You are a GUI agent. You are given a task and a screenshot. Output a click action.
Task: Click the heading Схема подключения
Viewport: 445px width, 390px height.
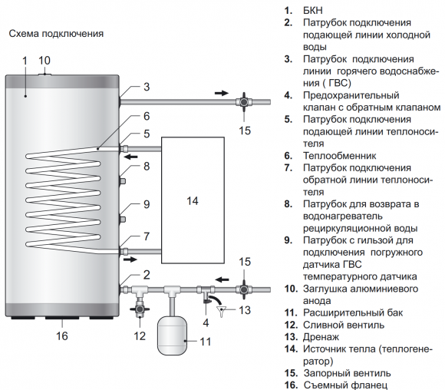coord(54,35)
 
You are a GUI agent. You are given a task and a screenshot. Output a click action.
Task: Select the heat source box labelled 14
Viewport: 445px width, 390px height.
coord(192,200)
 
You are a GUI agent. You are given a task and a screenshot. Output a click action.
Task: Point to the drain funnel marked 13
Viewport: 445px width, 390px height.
coord(223,311)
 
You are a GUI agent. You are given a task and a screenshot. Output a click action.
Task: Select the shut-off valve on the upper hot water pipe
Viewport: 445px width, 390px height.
coord(245,101)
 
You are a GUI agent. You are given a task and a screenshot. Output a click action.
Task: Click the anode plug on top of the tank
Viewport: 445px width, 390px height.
coord(45,73)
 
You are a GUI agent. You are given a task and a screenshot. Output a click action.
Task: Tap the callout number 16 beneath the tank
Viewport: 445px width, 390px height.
coord(62,335)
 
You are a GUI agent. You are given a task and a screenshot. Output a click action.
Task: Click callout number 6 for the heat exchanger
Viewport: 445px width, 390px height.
coord(146,117)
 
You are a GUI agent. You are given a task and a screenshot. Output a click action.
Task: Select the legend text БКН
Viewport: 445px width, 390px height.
coord(315,11)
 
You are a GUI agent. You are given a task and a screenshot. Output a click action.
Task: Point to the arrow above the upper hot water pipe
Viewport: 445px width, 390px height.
coord(221,91)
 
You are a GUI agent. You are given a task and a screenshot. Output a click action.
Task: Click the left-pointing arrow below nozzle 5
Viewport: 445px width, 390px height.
coord(133,157)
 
